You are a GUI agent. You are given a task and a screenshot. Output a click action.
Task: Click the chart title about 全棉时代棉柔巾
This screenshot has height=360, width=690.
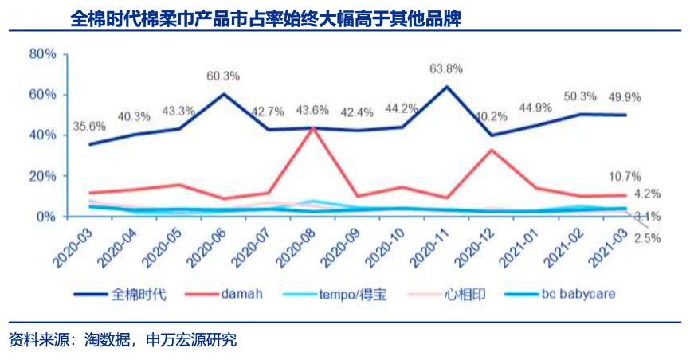coord(266,18)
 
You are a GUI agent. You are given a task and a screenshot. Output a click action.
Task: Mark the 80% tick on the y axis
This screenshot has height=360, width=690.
coord(42,53)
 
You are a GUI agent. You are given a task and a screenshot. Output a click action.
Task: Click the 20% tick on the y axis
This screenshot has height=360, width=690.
coord(42,176)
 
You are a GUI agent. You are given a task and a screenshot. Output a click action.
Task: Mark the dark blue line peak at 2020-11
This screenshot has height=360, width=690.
coord(446,86)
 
